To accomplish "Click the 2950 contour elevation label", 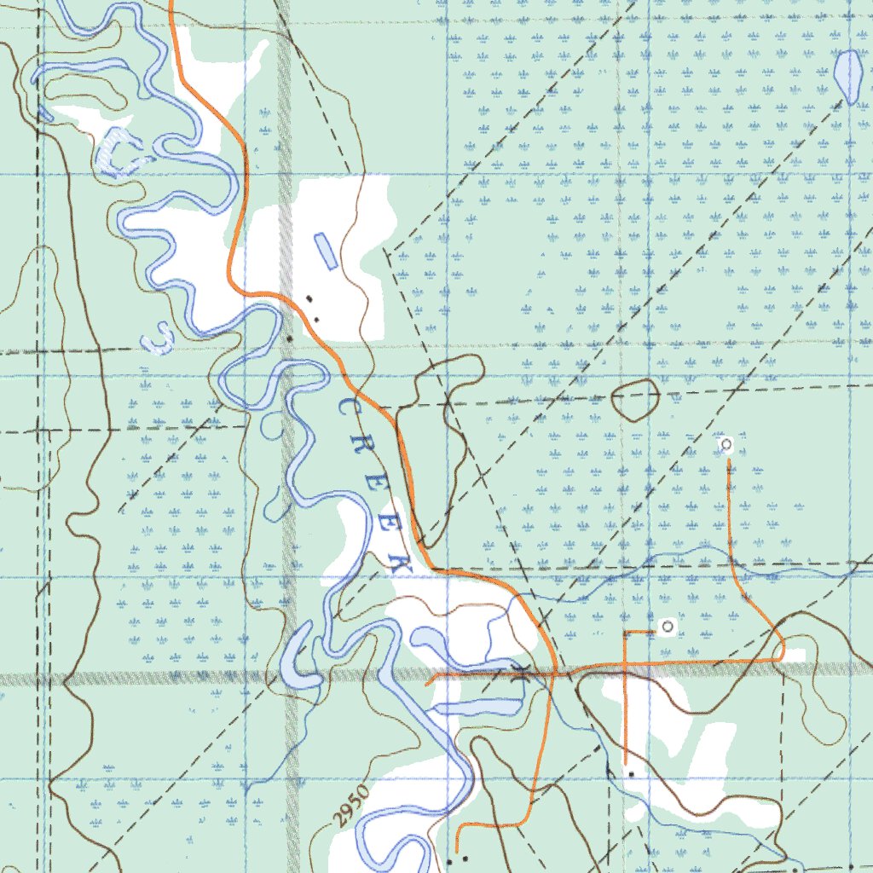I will [351, 806].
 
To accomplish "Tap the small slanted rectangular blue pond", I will [325, 251].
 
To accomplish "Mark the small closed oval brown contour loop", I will [636, 399].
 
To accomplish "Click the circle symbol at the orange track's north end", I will [726, 444].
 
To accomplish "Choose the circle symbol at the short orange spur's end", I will [668, 627].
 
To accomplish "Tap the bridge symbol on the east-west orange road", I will [522, 673].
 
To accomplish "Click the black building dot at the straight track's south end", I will [630, 772].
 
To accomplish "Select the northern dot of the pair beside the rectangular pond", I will [309, 298].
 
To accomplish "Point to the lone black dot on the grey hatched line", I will [289, 339].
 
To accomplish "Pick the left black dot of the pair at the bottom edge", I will [451, 860].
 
